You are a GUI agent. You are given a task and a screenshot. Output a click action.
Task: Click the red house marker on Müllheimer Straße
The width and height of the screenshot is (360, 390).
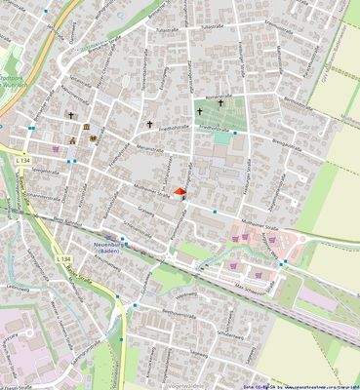(x=178, y=192)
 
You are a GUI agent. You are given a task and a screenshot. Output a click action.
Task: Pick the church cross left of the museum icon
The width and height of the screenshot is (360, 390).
(x=70, y=115)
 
